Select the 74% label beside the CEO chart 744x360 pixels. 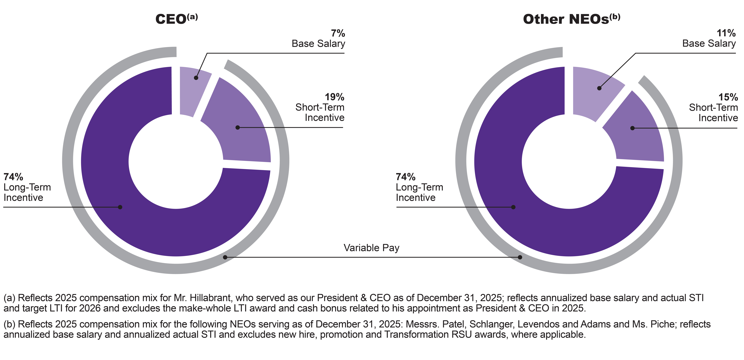click(x=13, y=177)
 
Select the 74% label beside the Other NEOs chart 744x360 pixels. click(x=405, y=177)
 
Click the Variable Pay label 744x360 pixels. click(x=371, y=248)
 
